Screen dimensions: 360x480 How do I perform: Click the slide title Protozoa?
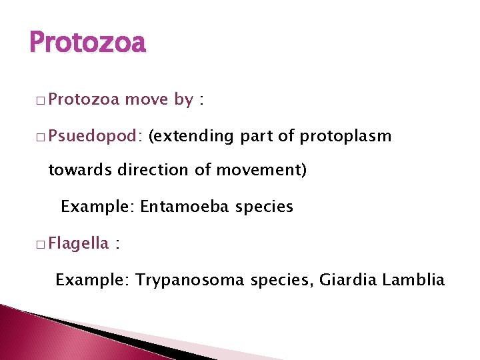[x=87, y=43]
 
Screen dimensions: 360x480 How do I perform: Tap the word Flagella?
[x=79, y=243]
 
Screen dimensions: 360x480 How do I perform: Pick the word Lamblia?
[x=413, y=279]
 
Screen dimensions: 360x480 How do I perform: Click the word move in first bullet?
[x=147, y=100]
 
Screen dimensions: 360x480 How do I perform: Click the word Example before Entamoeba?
[x=97, y=207]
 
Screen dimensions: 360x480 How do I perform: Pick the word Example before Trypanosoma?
[x=93, y=279]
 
